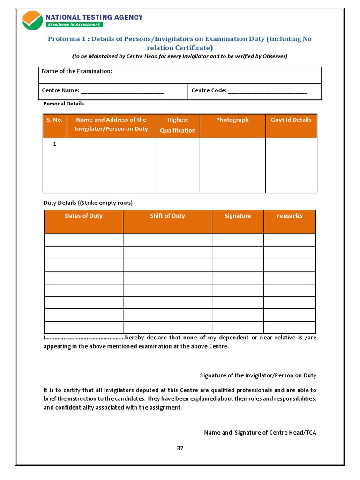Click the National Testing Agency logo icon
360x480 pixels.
(x=32, y=20)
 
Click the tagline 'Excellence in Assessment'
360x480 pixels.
(x=73, y=24)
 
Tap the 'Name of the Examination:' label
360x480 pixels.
(x=77, y=71)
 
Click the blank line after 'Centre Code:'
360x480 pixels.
(x=268, y=91)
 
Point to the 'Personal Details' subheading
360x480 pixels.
(x=64, y=103)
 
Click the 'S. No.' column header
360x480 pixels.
(x=54, y=120)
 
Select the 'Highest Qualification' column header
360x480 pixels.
(x=178, y=125)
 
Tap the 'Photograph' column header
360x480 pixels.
(x=232, y=120)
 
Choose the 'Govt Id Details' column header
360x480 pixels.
(x=291, y=120)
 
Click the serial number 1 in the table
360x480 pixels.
(x=54, y=144)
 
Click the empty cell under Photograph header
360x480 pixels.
(x=232, y=165)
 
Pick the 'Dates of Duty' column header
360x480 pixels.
(x=83, y=216)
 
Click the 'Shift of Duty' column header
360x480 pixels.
(x=167, y=216)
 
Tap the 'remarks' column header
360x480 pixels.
(x=289, y=216)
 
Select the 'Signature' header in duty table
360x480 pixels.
(x=238, y=216)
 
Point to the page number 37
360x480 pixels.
(x=180, y=448)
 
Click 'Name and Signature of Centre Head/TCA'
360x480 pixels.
(x=260, y=433)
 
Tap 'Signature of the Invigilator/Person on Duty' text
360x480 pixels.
(x=258, y=375)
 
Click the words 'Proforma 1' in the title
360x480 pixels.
(x=64, y=39)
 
